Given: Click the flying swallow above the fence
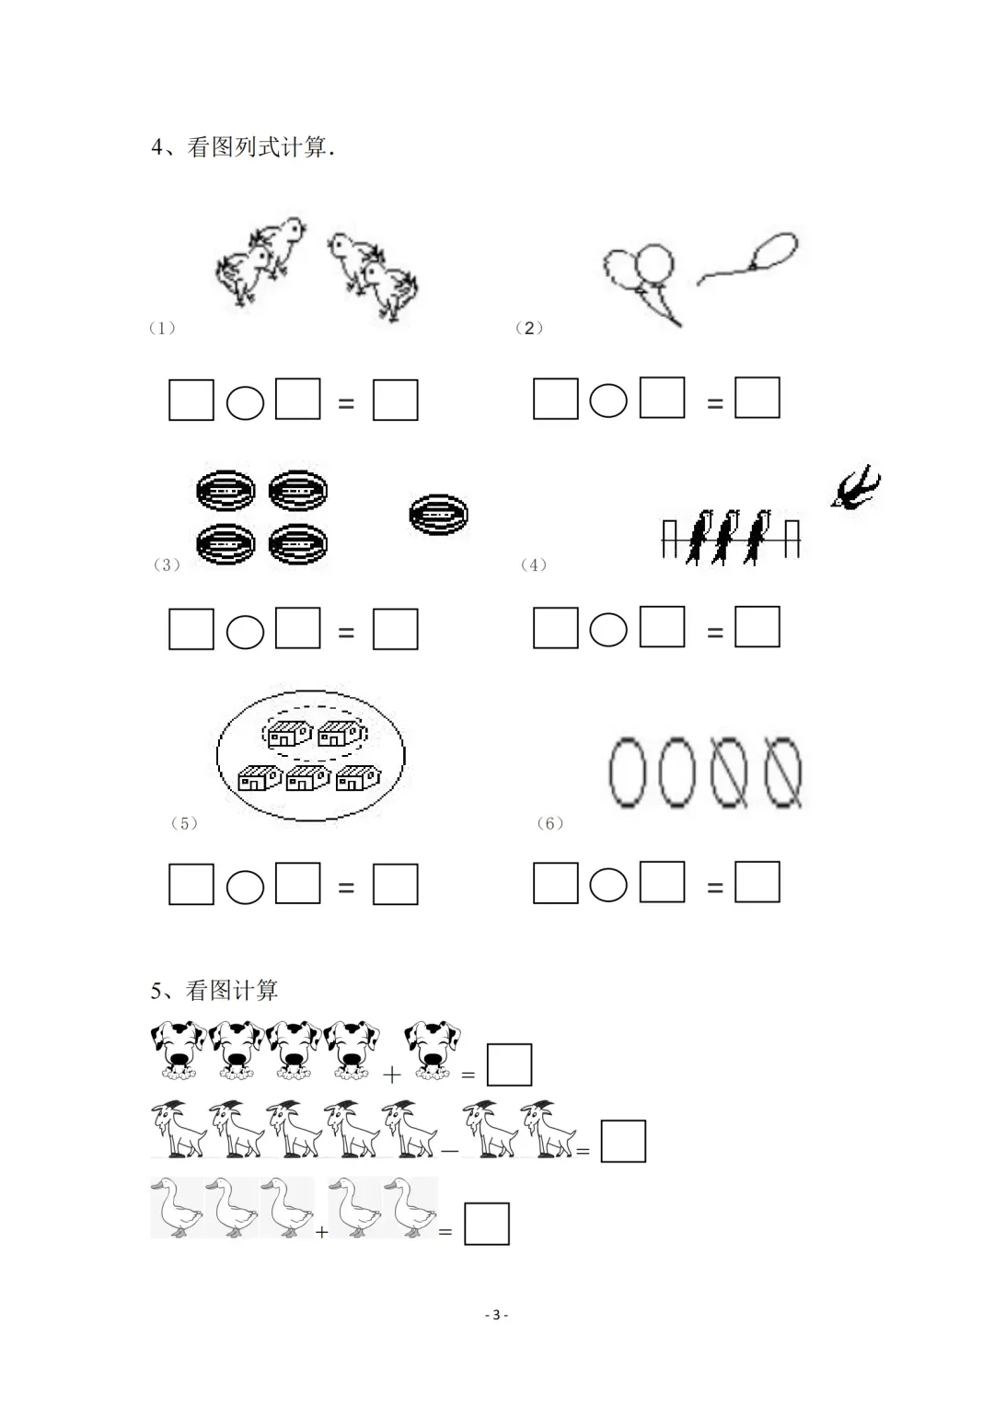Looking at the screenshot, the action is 856,487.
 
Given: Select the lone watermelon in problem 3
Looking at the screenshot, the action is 438,514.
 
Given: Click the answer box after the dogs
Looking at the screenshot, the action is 509,1063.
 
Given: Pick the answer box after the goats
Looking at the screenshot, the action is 623,1141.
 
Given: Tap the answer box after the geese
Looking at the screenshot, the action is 486,1224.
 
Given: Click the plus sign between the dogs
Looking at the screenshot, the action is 391,1075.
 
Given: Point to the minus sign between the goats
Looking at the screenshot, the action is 449,1151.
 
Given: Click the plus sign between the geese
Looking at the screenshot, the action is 321,1232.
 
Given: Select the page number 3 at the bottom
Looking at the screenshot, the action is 496,1314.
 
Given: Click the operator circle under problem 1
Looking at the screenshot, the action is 245,402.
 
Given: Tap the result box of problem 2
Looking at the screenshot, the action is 757,398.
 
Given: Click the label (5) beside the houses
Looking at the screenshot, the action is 184,823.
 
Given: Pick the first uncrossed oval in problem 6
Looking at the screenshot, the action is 627,772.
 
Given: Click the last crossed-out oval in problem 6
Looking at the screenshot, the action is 783,772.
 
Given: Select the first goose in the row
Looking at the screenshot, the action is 177,1207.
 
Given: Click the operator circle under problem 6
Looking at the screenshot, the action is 608,885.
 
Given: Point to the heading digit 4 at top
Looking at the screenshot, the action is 156,147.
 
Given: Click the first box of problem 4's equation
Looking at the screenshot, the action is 555,628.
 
